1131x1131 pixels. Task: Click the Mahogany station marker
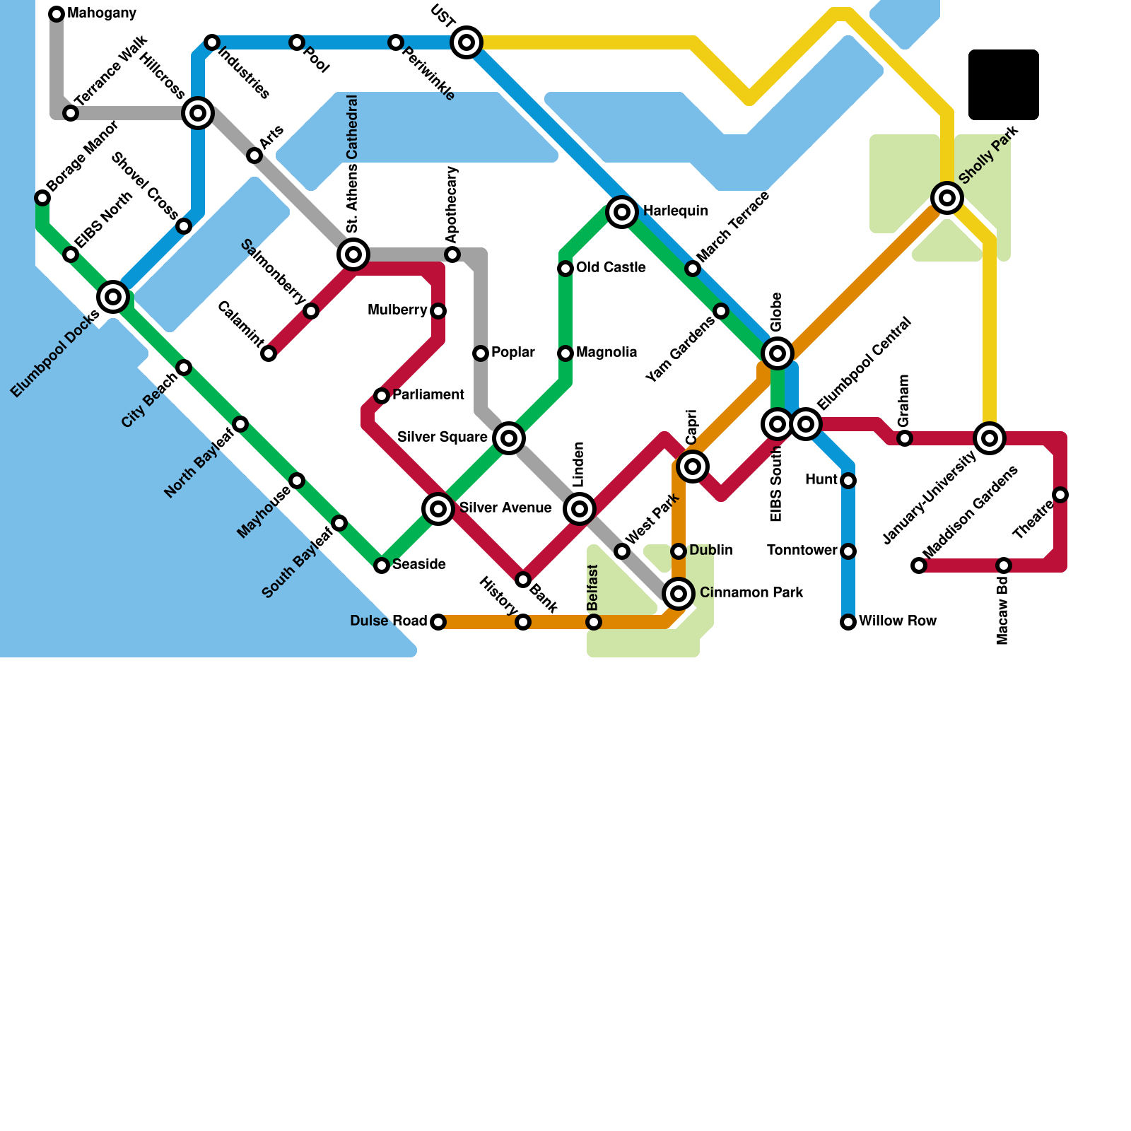57,14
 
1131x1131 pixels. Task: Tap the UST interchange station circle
467,42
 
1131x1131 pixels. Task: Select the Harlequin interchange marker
622,212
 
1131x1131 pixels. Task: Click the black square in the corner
1004,85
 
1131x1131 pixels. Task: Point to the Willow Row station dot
848,622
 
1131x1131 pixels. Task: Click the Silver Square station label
443,438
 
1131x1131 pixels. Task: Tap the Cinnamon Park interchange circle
679,594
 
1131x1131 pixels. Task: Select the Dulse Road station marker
438,622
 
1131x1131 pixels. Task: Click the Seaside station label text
419,565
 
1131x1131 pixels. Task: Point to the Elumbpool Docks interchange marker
113,297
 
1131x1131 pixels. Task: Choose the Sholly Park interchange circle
947,198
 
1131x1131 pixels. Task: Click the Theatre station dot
1060,495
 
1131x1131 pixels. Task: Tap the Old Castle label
611,268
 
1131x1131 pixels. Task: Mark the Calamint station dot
269,353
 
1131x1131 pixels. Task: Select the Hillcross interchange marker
198,113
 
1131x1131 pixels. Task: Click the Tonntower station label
802,551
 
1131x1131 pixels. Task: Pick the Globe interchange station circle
778,353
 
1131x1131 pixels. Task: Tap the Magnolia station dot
565,353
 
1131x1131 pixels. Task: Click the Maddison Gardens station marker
919,565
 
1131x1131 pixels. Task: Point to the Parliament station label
428,395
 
